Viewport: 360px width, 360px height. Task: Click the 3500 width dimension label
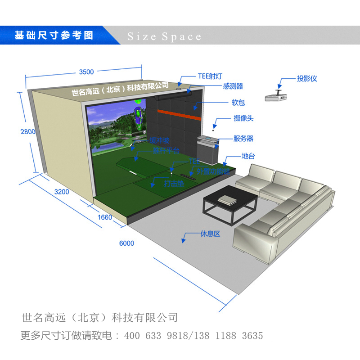[86, 72]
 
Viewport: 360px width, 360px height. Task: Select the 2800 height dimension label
[28, 132]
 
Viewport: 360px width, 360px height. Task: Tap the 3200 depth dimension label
[62, 192]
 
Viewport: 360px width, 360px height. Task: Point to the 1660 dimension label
[104, 217]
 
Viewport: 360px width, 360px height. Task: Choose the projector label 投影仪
[306, 79]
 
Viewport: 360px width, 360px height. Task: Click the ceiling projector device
[277, 95]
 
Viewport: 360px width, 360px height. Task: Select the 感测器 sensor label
[233, 86]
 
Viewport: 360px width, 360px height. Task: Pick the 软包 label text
[238, 103]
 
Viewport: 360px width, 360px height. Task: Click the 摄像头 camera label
[243, 118]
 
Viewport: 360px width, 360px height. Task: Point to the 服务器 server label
[243, 139]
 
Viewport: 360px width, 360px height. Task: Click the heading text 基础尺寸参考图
[54, 36]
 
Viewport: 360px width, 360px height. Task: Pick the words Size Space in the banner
[164, 36]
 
